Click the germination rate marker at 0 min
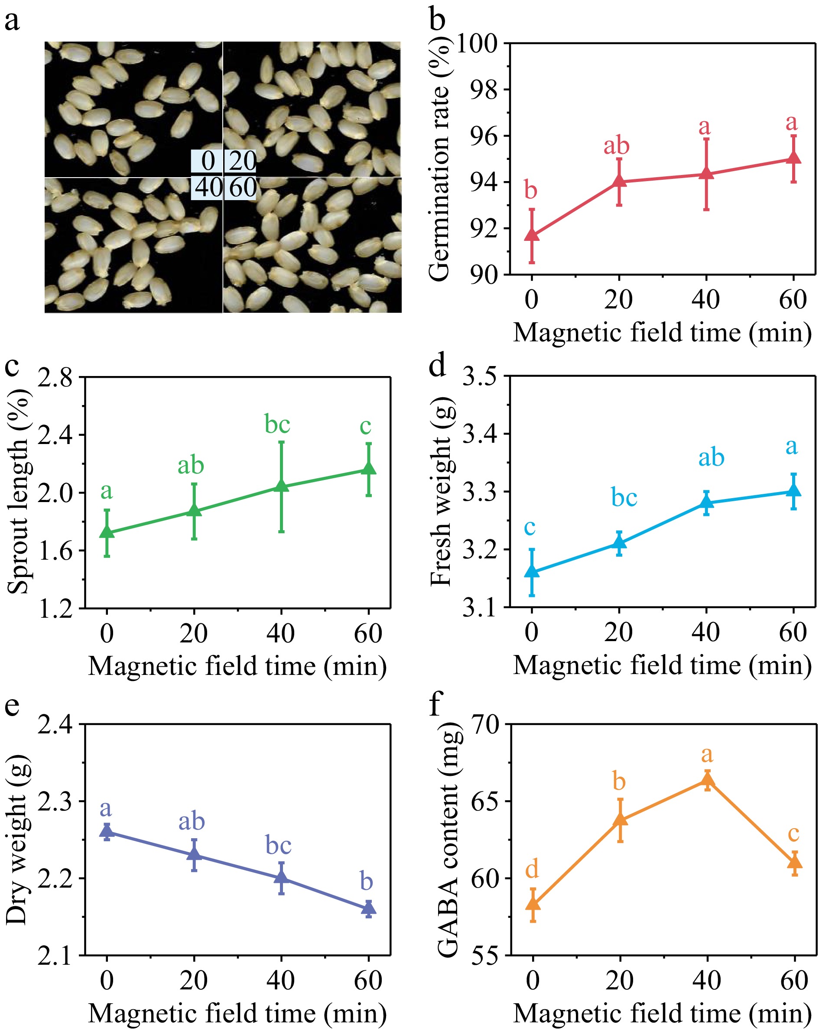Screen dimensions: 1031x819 point(532,235)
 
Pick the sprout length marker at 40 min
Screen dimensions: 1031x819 point(281,486)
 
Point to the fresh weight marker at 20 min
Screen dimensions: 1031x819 point(619,542)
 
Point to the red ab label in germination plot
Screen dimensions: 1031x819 point(616,146)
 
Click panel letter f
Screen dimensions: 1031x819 point(436,704)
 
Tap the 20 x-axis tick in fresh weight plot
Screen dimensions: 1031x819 point(618,632)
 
